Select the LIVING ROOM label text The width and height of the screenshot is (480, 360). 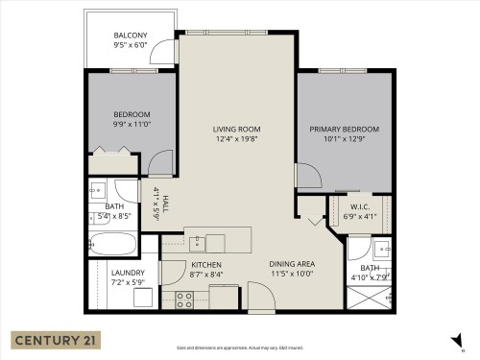(237, 129)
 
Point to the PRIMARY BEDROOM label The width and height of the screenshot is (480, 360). (344, 129)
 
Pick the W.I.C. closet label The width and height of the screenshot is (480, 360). (360, 205)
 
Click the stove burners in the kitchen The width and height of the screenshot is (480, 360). (184, 299)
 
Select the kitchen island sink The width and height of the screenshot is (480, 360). (215, 241)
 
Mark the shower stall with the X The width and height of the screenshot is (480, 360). (370, 299)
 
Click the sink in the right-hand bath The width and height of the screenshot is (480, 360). (383, 252)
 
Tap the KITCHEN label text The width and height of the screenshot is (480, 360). (206, 264)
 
